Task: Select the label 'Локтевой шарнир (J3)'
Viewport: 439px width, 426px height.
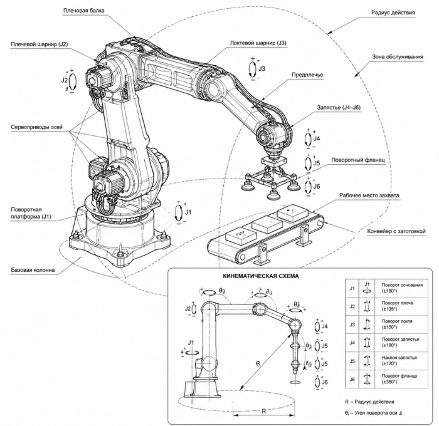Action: (258, 43)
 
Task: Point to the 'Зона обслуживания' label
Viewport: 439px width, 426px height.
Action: (397, 57)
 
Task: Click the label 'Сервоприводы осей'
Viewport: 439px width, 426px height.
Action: (36, 127)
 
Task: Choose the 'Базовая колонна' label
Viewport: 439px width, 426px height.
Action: (33, 270)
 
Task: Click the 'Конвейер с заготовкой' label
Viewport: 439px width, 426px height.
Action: (396, 231)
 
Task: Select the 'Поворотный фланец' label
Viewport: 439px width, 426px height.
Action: (358, 160)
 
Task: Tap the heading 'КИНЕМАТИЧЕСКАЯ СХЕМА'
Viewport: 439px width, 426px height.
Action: (261, 276)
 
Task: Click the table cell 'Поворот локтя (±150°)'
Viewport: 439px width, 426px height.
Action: (397, 324)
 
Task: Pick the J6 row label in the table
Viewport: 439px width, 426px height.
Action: (352, 380)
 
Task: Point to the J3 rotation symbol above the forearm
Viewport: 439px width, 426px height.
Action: (253, 68)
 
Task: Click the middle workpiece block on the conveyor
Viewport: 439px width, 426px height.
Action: (267, 225)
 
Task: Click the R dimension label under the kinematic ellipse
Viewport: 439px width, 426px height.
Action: (264, 411)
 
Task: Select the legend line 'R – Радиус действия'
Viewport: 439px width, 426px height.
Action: (369, 402)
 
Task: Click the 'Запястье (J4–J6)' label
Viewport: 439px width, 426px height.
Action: (339, 107)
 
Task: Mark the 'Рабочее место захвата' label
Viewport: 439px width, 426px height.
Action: (369, 195)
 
